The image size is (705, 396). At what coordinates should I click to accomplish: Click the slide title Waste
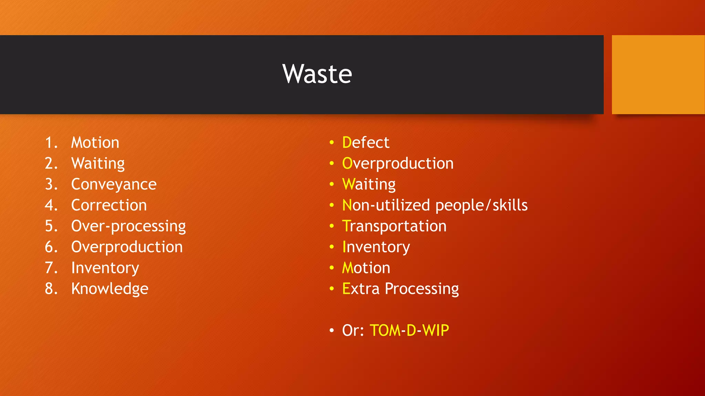click(x=317, y=74)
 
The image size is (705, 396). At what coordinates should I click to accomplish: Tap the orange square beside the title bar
click(x=658, y=75)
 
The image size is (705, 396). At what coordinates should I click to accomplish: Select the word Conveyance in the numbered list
click(x=114, y=185)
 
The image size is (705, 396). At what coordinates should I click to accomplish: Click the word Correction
click(x=109, y=205)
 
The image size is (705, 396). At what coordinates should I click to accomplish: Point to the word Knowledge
click(x=109, y=289)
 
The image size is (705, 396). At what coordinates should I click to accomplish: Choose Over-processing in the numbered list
click(x=128, y=227)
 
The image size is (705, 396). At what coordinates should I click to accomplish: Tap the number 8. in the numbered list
click(x=51, y=289)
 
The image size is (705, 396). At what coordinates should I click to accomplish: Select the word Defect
click(x=366, y=143)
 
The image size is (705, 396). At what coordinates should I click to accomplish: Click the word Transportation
click(x=394, y=226)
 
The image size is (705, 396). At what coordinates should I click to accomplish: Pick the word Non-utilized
click(x=386, y=205)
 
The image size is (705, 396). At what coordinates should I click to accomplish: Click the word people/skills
click(x=481, y=206)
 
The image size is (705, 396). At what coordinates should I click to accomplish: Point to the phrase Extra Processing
click(x=400, y=289)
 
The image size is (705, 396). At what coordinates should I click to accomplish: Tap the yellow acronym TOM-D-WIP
click(x=409, y=330)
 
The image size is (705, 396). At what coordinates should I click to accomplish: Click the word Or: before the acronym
click(x=353, y=330)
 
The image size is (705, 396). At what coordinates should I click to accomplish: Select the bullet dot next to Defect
click(x=332, y=142)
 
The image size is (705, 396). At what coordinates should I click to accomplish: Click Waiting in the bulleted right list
click(x=369, y=185)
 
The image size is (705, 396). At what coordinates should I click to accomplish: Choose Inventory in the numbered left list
click(x=105, y=268)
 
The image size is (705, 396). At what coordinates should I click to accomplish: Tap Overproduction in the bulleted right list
click(x=398, y=164)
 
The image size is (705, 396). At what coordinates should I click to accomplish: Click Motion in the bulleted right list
click(x=366, y=268)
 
